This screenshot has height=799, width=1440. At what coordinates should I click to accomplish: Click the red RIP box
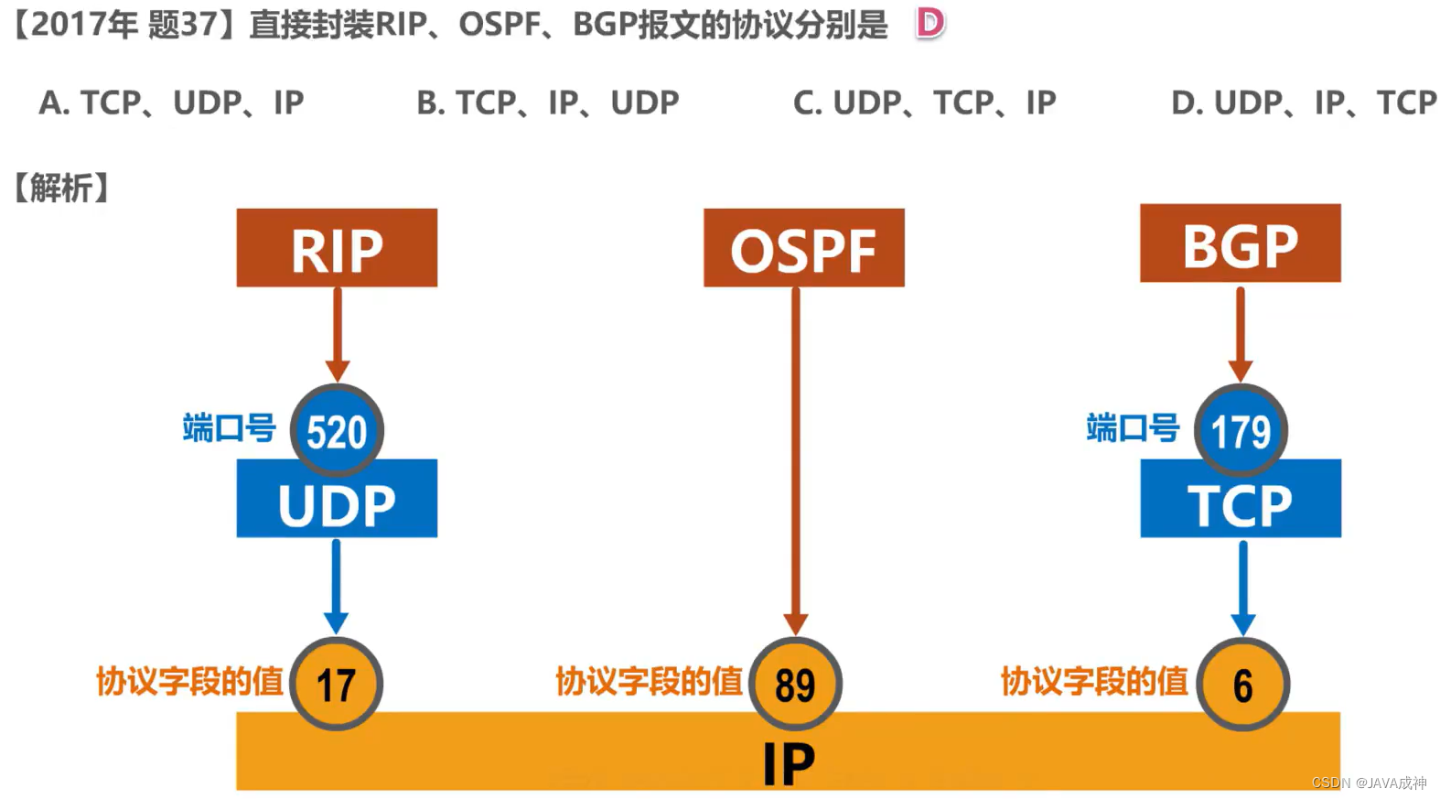coord(337,248)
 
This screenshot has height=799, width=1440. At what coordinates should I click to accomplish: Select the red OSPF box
coord(803,248)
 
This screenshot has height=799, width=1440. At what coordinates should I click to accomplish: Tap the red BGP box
coord(1240,243)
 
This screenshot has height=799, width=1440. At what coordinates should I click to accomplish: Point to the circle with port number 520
coord(337,430)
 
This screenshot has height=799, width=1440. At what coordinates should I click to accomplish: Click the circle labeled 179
coord(1241,430)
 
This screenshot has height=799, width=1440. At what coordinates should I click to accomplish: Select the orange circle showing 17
coord(336,684)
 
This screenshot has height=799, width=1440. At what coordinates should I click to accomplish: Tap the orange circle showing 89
coord(795,684)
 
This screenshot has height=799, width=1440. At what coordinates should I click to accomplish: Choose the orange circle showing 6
coord(1242,684)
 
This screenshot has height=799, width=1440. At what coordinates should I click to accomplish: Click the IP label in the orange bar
coord(789,763)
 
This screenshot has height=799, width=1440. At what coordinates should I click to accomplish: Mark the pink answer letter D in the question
coord(930,23)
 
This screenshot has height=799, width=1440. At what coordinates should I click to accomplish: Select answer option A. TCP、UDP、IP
coord(171,103)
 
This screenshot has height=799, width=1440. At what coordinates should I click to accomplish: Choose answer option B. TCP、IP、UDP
coord(547,103)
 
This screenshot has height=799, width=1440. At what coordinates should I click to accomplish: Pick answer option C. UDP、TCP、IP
coord(924,103)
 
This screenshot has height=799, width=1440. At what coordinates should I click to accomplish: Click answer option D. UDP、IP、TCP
coord(1304,103)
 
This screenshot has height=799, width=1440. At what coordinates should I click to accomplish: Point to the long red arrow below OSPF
coord(795,458)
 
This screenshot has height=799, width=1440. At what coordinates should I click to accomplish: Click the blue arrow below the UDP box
coord(336,586)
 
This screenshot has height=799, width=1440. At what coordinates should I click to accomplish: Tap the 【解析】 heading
coord(61,188)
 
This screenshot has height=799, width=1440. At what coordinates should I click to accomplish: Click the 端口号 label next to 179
coord(1133,427)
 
